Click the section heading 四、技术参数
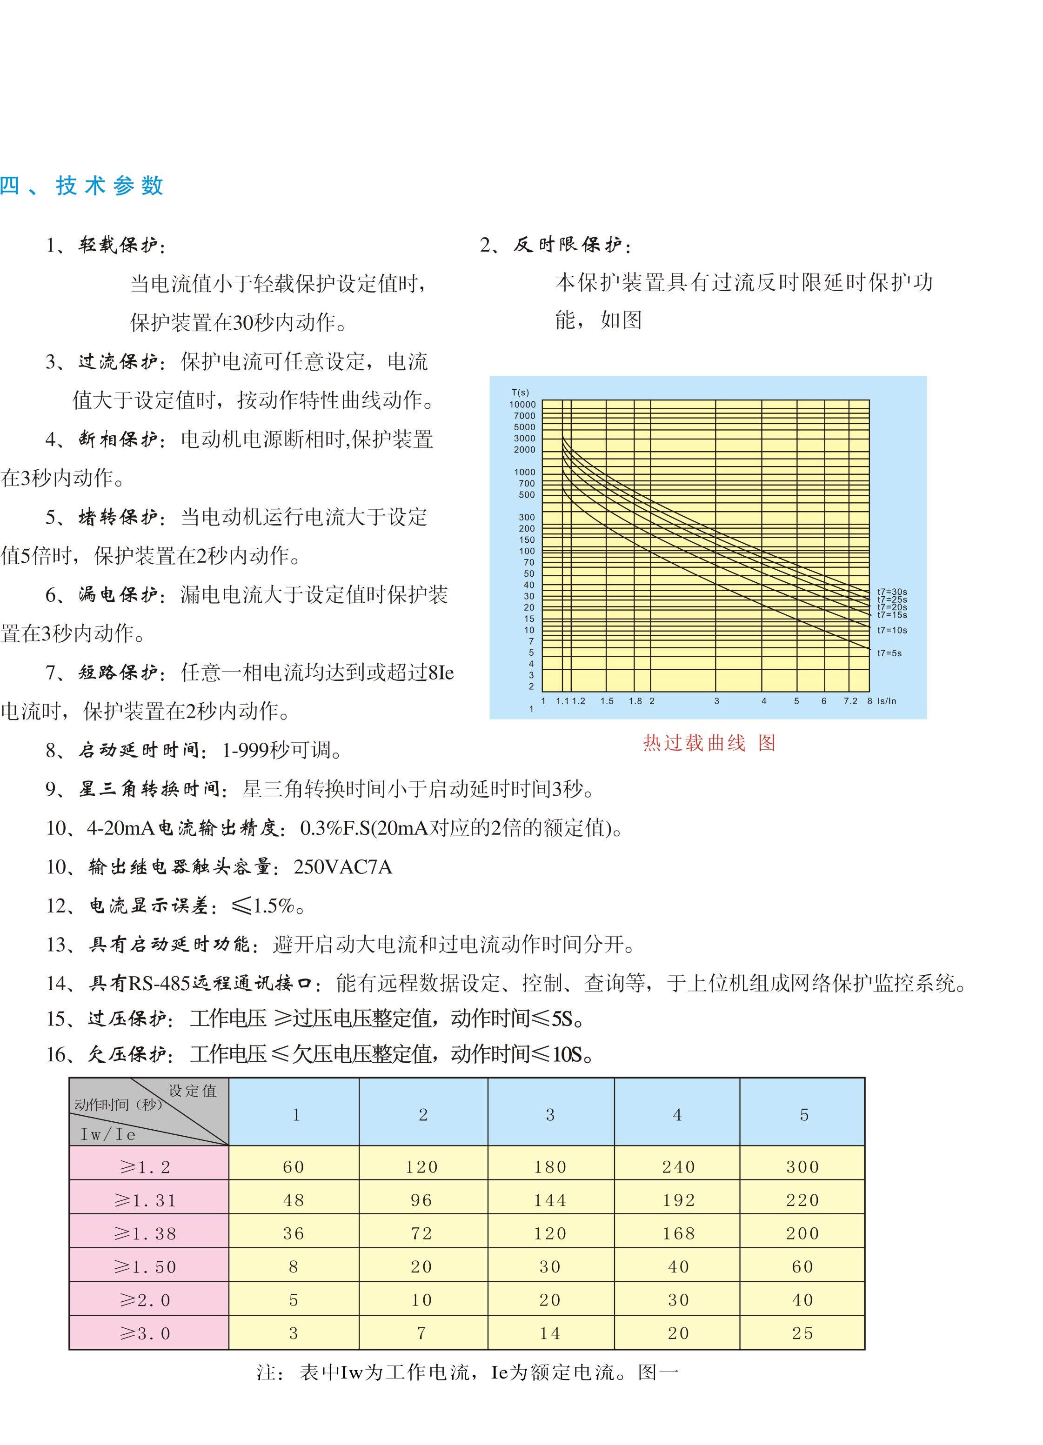tap(81, 186)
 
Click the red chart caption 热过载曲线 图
tap(709, 743)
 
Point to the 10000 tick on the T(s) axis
tap(522, 405)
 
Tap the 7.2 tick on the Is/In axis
tap(850, 701)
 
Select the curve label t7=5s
tap(889, 653)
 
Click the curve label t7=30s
tap(891, 592)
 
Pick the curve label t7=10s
tap(891, 630)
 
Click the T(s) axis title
tap(520, 393)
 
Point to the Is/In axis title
tap(886, 701)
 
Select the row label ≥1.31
tap(145, 1200)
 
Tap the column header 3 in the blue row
tap(550, 1114)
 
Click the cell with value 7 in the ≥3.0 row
tap(421, 1333)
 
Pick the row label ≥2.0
tap(145, 1300)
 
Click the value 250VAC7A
tap(343, 866)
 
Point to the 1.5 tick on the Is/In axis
tap(607, 701)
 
